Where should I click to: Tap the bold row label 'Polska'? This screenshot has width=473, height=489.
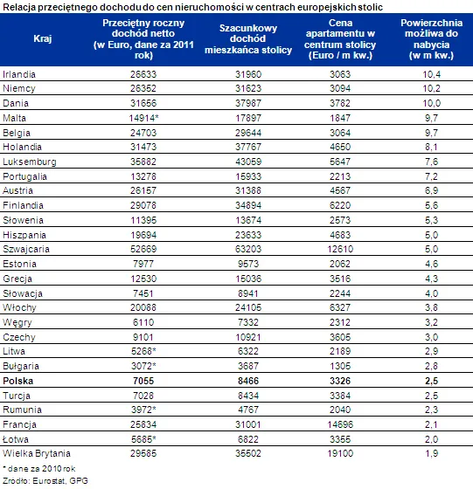(19, 382)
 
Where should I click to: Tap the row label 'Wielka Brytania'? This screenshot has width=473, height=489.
(35, 452)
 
